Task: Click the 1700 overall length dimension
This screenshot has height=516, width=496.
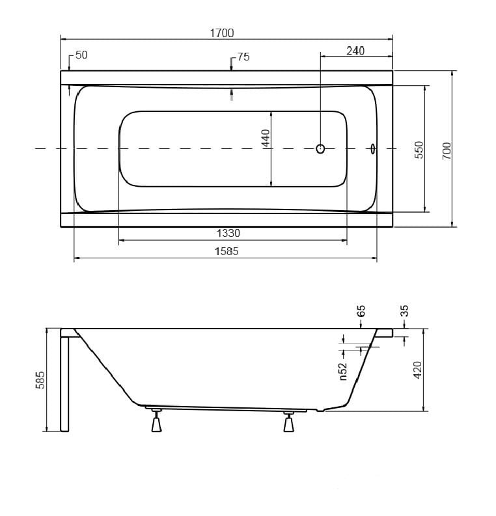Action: pyautogui.click(x=222, y=33)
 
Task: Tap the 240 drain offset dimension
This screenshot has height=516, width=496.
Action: pyautogui.click(x=355, y=51)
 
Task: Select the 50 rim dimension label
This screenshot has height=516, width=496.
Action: pyautogui.click(x=81, y=55)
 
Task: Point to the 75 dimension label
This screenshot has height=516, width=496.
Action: pyautogui.click(x=243, y=57)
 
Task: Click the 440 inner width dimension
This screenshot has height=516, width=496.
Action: pyautogui.click(x=266, y=138)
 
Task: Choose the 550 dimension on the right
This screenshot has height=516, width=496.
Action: pyautogui.click(x=419, y=150)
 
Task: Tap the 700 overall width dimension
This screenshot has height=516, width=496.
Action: pyautogui.click(x=447, y=151)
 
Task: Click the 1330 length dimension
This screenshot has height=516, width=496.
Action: pyautogui.click(x=228, y=233)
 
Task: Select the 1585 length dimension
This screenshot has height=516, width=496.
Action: pyautogui.click(x=227, y=251)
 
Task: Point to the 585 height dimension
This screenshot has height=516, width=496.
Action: pyautogui.click(x=40, y=380)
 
